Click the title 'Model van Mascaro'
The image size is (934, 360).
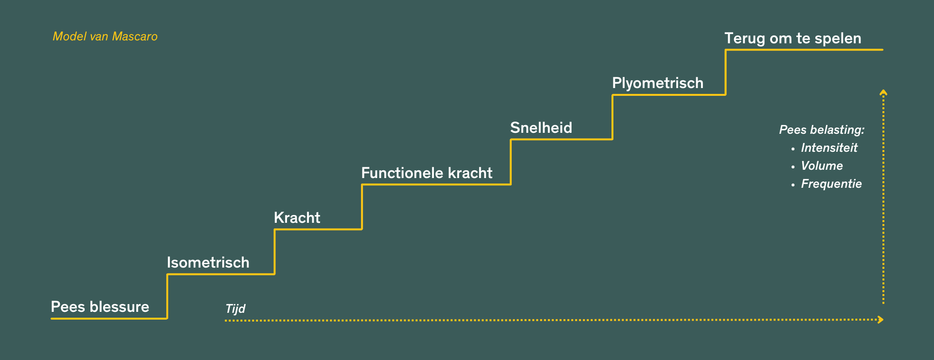[x=105, y=36]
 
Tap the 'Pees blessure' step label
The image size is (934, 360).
[x=100, y=307]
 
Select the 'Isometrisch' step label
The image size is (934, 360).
[x=208, y=263]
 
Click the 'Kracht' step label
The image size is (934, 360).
[x=297, y=218]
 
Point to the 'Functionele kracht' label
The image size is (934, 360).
[x=427, y=173]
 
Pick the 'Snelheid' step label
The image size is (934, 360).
[x=541, y=128]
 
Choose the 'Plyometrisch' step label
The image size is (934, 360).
[x=658, y=83]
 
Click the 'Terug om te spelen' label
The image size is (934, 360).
[x=793, y=38]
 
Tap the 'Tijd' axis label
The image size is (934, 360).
[x=235, y=309]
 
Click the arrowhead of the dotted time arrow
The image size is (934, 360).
[x=880, y=320]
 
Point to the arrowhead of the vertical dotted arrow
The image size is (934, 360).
[x=883, y=92]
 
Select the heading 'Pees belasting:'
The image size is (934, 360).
[x=822, y=130]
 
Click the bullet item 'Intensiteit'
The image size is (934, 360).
[x=829, y=148]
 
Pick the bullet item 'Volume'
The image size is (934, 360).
[x=822, y=166]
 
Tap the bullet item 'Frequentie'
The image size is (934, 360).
[x=831, y=184]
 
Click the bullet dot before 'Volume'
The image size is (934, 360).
[x=793, y=167]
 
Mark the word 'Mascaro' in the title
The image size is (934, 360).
[x=135, y=36]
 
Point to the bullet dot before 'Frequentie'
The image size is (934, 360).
[x=793, y=185]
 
